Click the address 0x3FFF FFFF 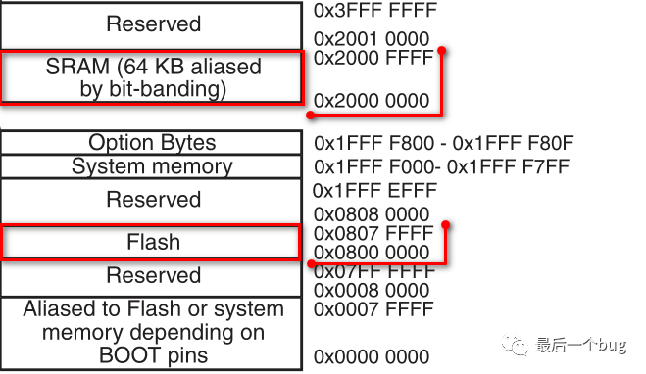coord(375,12)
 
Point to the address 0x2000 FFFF coord(373,59)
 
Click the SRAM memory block coord(152,78)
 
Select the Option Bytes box coord(152,143)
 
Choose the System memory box coord(152,166)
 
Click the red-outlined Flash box coord(152,242)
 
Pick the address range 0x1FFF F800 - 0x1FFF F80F coord(442,143)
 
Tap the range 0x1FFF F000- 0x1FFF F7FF coord(442,166)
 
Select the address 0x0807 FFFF coord(373,234)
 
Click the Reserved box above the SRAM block coord(152,23)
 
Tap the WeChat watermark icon coord(515,344)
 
